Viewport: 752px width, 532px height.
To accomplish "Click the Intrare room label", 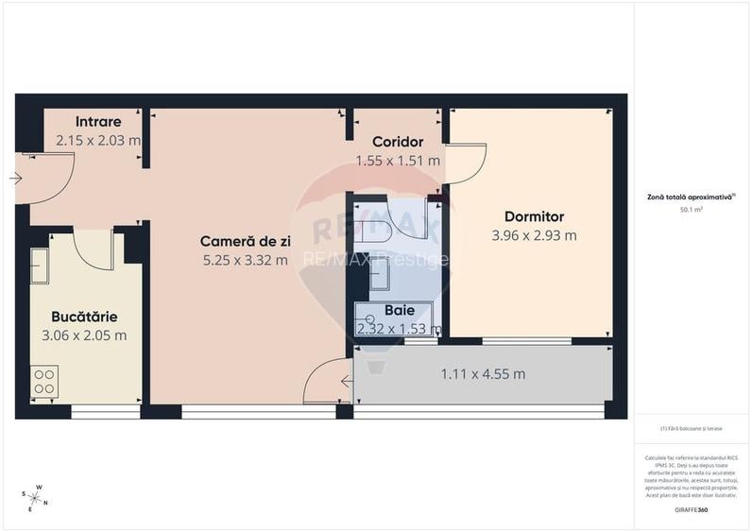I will (x=98, y=122).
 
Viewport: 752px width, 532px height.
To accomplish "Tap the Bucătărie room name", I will (x=85, y=317).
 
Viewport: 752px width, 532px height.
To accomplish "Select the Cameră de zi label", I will (x=245, y=241).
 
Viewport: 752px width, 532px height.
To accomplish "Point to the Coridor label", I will (x=397, y=142).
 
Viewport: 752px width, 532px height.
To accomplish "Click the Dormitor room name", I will (x=534, y=216).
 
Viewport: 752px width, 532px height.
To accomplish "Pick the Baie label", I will (x=399, y=310).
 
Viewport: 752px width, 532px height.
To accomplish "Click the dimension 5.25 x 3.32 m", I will (x=245, y=261).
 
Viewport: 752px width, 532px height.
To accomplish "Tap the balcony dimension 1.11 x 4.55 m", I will (x=483, y=373).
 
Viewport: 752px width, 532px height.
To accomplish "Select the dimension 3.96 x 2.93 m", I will (x=534, y=236).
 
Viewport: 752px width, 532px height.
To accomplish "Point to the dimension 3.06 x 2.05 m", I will (x=85, y=335).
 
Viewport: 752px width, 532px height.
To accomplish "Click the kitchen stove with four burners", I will (x=45, y=380).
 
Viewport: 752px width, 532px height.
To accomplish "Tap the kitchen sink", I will (x=40, y=266).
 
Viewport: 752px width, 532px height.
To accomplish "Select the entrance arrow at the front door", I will (x=16, y=178).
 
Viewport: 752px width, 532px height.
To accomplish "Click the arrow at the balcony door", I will (x=347, y=382).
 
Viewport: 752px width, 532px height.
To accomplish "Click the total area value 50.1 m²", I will (x=693, y=211).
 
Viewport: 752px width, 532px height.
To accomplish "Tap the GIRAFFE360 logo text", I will (x=693, y=511).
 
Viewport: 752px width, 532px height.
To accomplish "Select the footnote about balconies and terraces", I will (x=692, y=428).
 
